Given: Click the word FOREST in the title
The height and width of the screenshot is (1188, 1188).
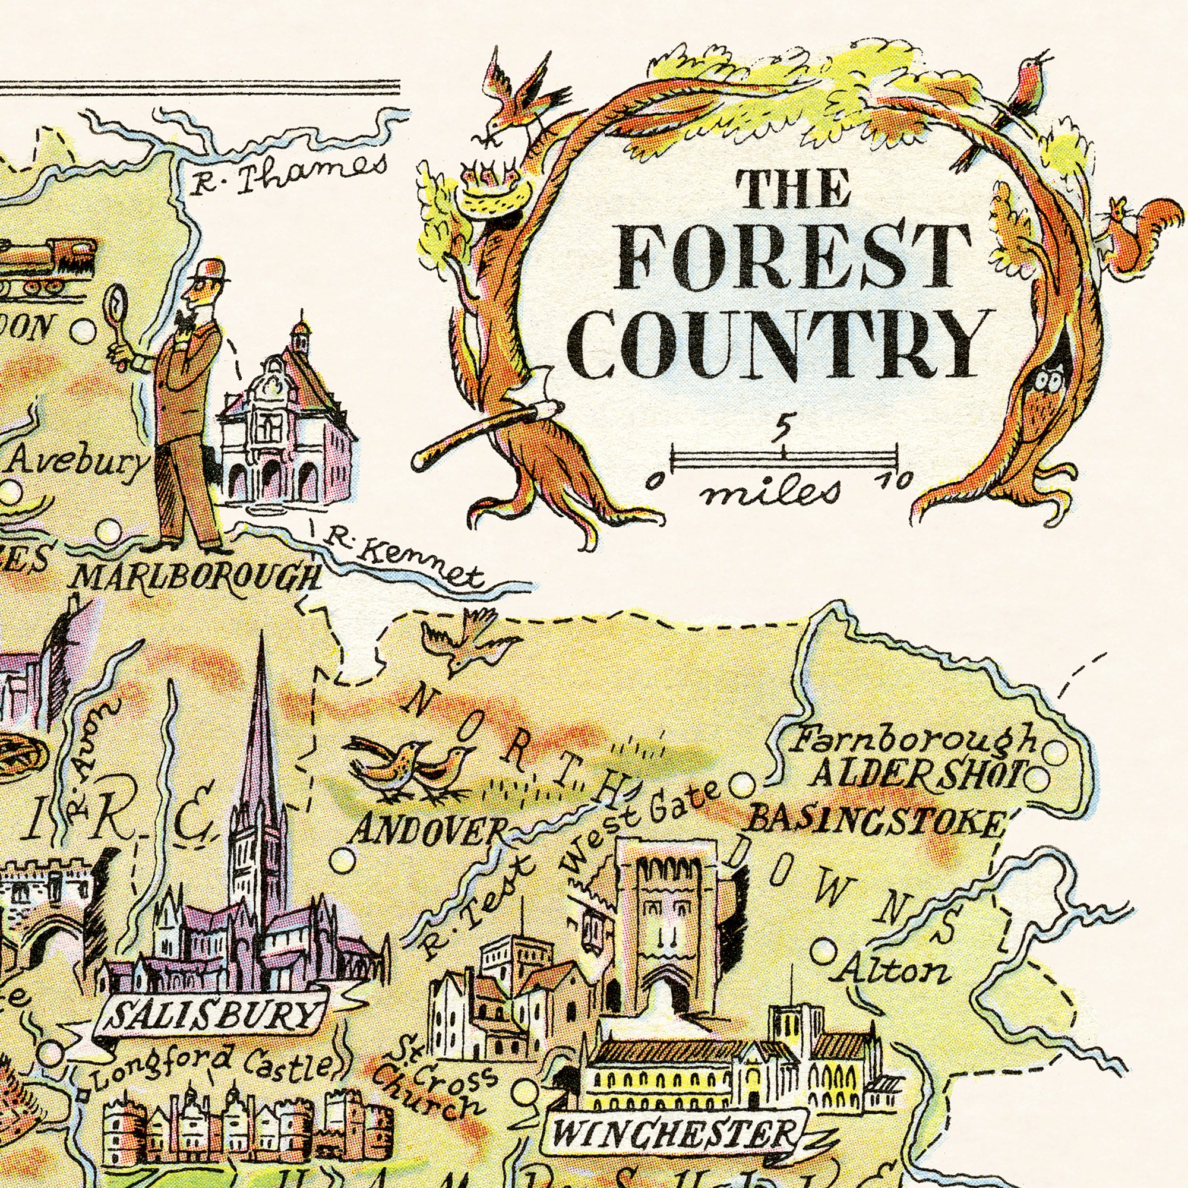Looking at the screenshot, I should [x=793, y=257].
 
